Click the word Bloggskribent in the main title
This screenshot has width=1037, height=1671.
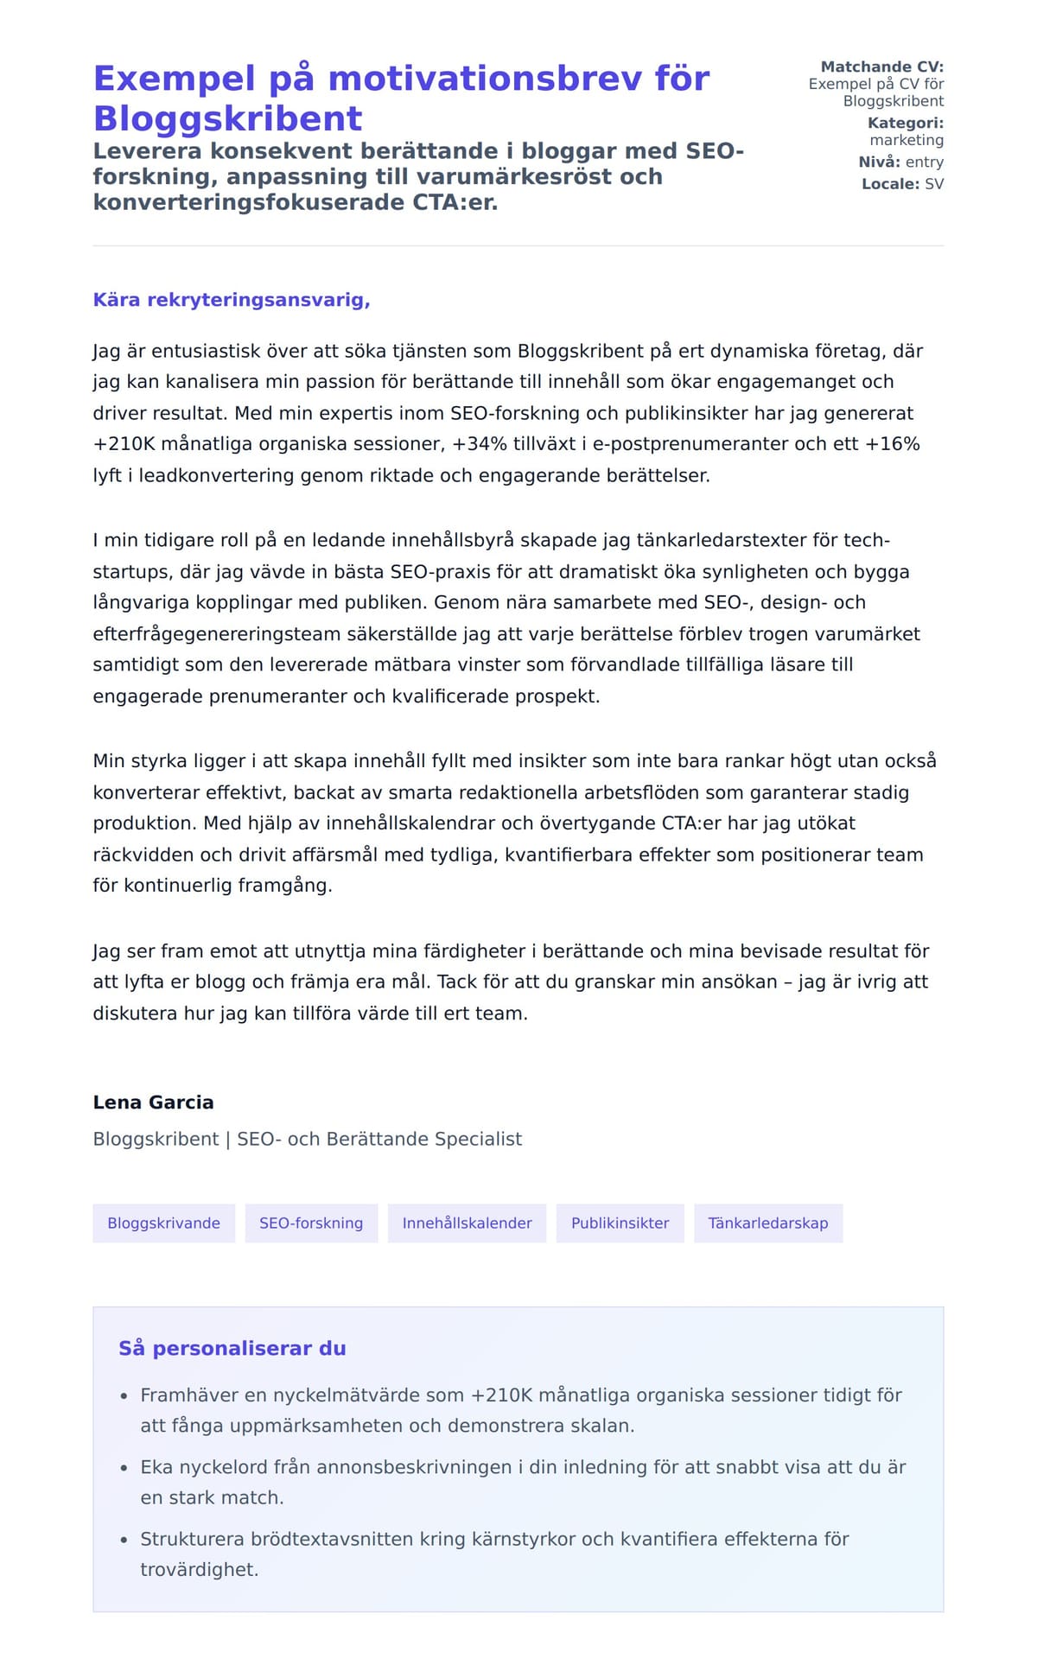(227, 118)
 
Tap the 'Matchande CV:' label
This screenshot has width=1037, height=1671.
(881, 67)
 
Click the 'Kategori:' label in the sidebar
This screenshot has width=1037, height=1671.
(905, 123)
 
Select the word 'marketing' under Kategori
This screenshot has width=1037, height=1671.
(906, 140)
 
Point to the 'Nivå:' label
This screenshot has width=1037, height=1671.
(879, 162)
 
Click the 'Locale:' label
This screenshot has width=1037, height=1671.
(890, 183)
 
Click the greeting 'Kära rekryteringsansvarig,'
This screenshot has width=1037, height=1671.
(232, 300)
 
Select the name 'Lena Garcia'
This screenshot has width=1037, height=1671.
(153, 1102)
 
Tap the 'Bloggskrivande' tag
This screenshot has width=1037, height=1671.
(163, 1223)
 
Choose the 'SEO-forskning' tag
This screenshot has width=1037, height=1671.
(311, 1223)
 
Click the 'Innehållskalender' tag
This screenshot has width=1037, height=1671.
(467, 1223)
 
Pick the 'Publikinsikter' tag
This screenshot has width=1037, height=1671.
(620, 1223)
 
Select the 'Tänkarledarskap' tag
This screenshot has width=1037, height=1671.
(767, 1223)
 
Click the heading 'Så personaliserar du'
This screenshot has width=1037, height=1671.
(232, 1349)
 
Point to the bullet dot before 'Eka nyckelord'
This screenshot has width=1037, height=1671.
(124, 1468)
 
